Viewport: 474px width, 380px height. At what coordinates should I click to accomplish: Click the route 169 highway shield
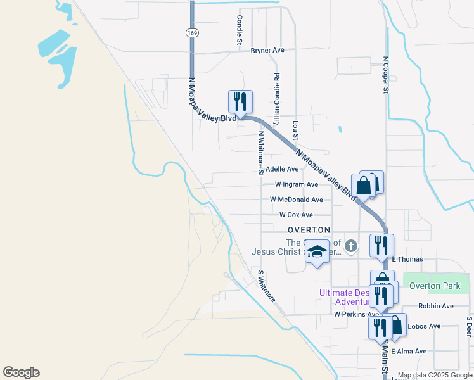(191, 32)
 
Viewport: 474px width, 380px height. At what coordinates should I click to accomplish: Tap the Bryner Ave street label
(267, 50)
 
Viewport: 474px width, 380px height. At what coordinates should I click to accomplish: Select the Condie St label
(240, 30)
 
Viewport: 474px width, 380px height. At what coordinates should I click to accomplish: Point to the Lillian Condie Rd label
(276, 98)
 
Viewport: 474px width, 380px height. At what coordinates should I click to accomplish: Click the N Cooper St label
(385, 75)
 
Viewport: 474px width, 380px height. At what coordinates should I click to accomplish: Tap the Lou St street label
(295, 131)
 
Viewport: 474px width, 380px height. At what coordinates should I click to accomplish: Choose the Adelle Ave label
(282, 169)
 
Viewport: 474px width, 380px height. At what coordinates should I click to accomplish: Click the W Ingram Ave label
(296, 184)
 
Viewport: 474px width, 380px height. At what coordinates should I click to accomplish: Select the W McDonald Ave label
(296, 199)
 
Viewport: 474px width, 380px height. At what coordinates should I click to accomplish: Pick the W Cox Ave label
(296, 215)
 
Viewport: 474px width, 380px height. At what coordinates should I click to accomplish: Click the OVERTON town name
(309, 229)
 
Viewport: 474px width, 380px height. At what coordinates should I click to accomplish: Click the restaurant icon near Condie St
(240, 101)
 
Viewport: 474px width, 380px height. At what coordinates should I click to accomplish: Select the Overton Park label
(435, 286)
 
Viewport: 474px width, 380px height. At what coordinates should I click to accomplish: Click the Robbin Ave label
(435, 306)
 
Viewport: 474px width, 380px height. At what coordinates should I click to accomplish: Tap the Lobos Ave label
(426, 326)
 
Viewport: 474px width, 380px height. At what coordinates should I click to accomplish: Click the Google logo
(21, 372)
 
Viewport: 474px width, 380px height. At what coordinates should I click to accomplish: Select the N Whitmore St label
(260, 152)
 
